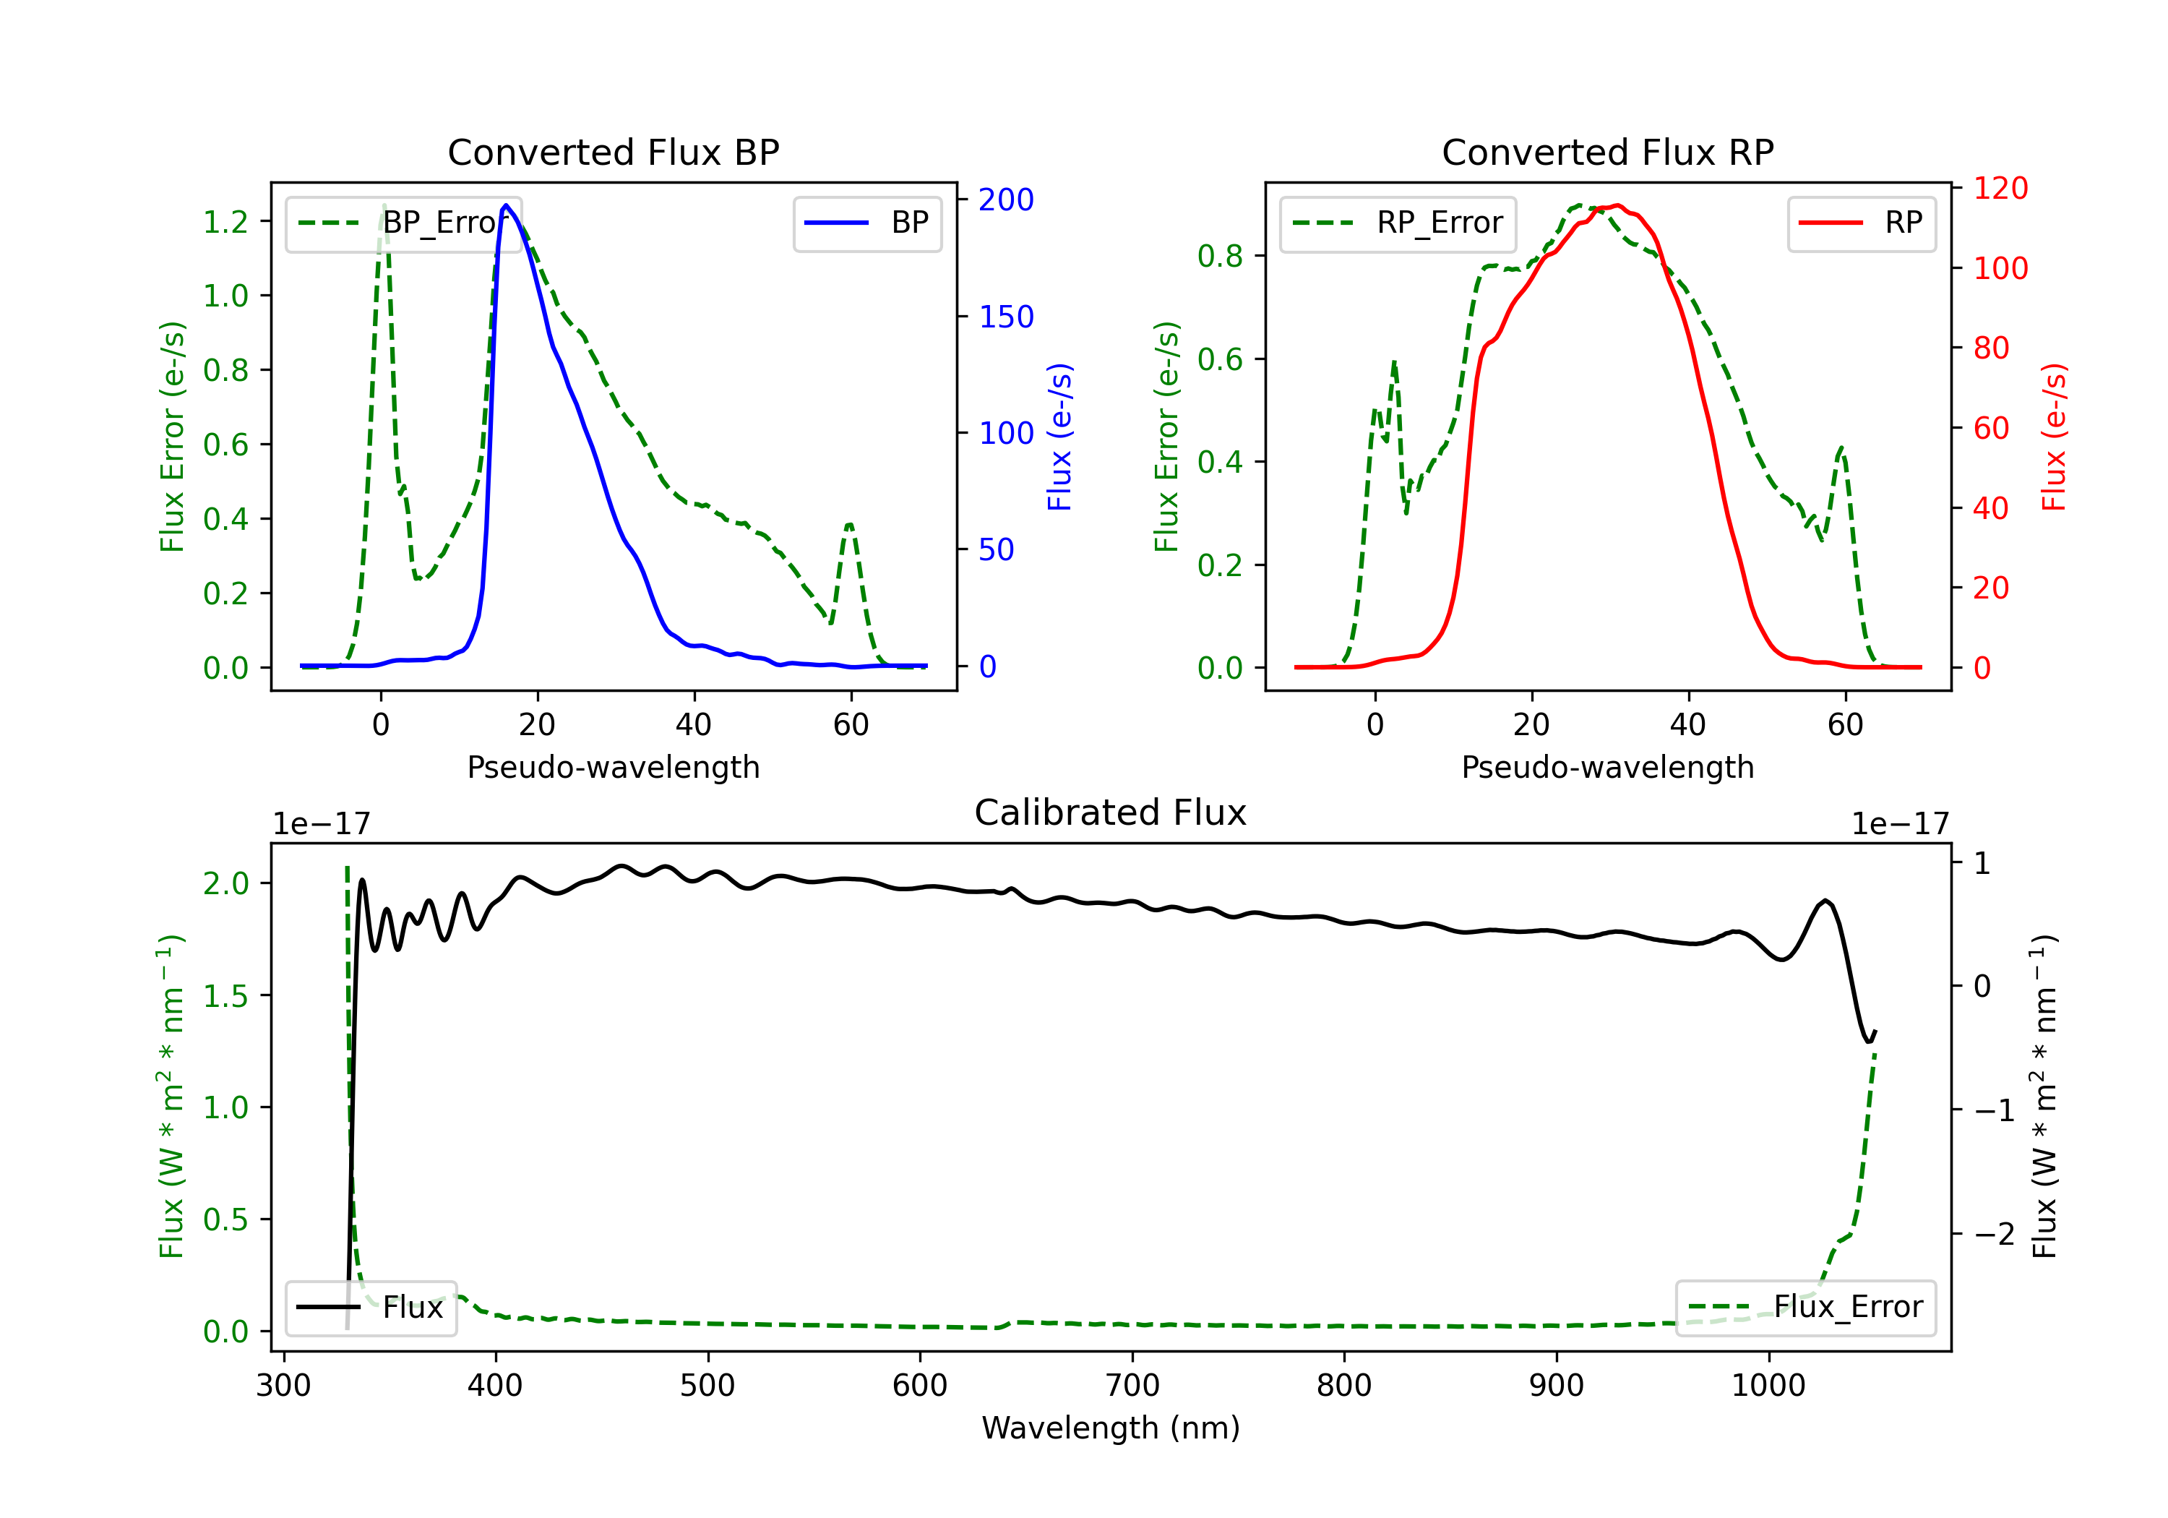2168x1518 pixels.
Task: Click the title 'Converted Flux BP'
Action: (613, 152)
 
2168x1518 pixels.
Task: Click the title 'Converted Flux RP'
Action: (1607, 152)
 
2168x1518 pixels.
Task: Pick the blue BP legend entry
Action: (866, 223)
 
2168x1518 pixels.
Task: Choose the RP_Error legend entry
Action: (1398, 223)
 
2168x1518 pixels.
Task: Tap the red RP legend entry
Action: (1861, 223)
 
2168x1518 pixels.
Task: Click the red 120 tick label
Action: (2000, 188)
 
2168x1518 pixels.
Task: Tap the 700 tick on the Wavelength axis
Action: (1132, 1385)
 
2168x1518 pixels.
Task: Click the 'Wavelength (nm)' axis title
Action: (1111, 1428)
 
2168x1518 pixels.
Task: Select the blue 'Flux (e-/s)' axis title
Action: (1059, 437)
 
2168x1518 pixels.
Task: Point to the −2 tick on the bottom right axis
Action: (1995, 1234)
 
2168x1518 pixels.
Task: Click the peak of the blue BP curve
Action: (506, 205)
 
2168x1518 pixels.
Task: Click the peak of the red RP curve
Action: (1617, 205)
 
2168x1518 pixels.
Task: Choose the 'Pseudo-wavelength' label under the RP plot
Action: (1607, 767)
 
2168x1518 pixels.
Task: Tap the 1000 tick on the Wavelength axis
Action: (1768, 1385)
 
